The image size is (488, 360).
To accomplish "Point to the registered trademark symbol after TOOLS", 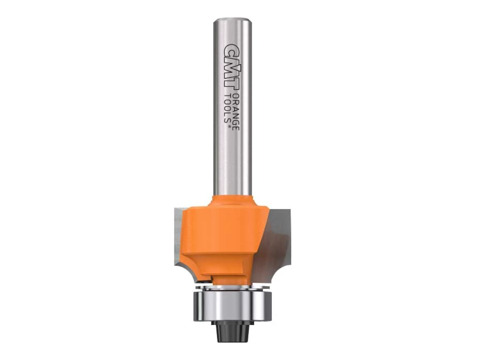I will coord(230,127).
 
